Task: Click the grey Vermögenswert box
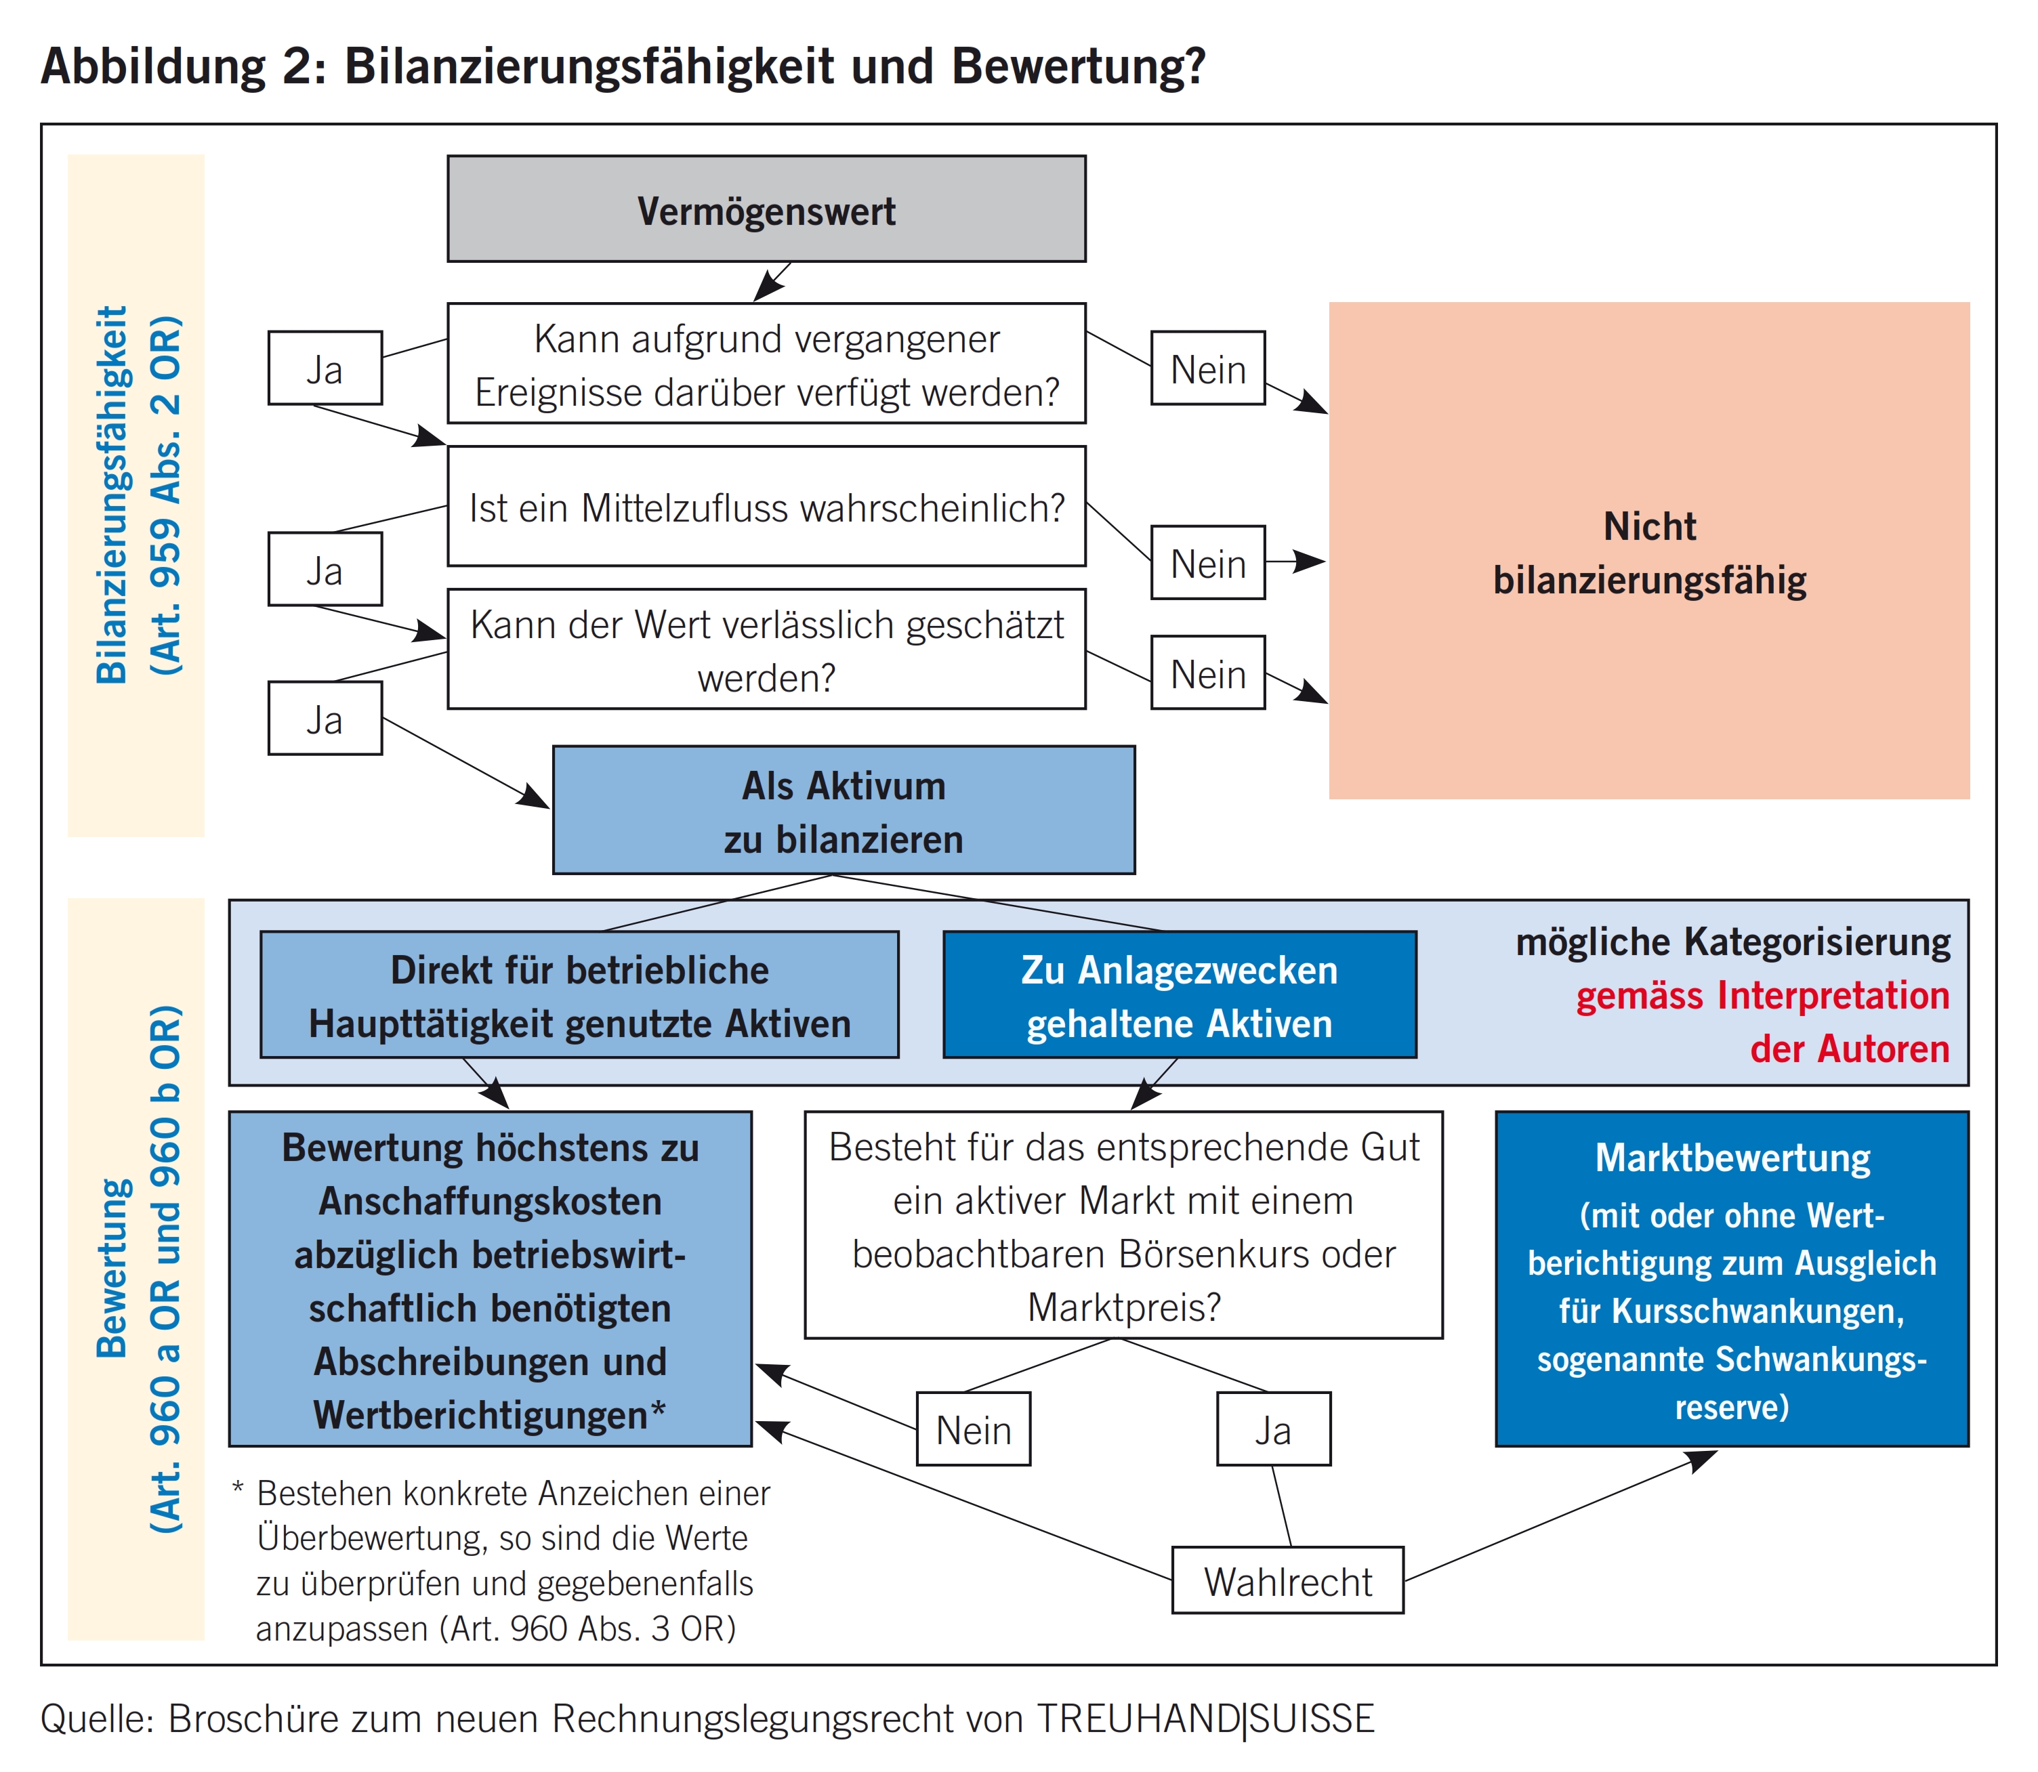click(766, 209)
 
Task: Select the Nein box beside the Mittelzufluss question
click(1207, 563)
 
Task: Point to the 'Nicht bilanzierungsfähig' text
click(1648, 553)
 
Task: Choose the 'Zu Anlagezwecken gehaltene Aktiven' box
click(1179, 996)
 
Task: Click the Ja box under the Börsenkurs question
click(1272, 1429)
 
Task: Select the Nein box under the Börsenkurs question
click(973, 1429)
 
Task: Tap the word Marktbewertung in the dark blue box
click(1732, 1158)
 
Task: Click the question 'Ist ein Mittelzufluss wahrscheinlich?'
click(766, 507)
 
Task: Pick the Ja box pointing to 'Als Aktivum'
click(325, 719)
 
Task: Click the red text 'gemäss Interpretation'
click(1761, 996)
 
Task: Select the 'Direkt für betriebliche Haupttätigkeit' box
click(579, 996)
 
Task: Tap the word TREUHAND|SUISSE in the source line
click(1205, 1718)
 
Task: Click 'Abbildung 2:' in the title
click(184, 67)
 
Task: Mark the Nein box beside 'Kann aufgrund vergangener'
click(1207, 369)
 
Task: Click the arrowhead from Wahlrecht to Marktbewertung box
click(1702, 1460)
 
